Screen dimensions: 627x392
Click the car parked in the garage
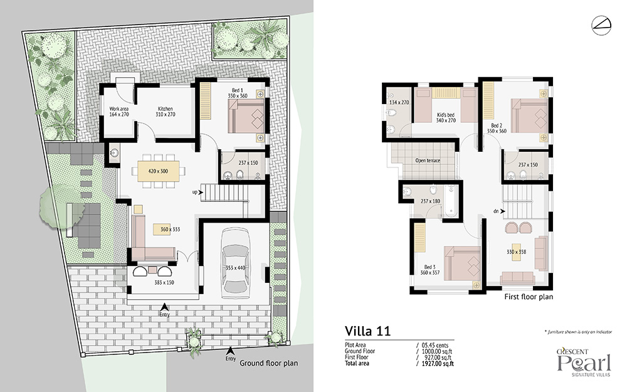236,263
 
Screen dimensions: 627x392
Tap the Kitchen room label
165,109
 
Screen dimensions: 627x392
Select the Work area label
119,109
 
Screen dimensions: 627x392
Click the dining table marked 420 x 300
159,171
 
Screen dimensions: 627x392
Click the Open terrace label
428,161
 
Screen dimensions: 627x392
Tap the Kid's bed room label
445,115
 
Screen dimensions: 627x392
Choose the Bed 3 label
430,267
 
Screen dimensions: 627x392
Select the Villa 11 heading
367,331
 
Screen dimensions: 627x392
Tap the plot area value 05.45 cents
435,345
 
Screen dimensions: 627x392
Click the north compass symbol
601,25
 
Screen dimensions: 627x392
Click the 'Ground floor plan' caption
269,363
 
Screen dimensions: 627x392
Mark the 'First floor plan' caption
529,297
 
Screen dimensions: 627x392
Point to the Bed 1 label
238,90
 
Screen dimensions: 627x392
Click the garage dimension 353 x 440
236,268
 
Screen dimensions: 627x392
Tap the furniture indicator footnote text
578,332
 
